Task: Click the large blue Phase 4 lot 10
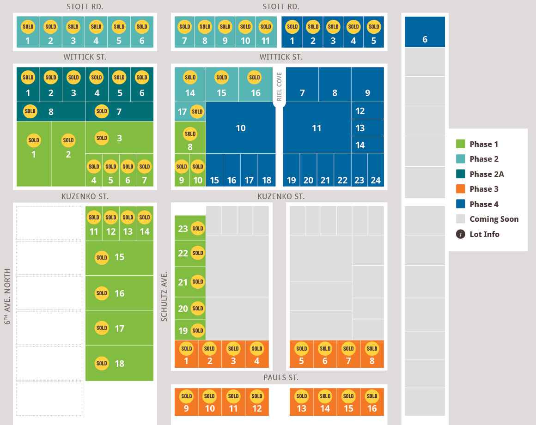point(241,128)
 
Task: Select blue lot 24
point(376,170)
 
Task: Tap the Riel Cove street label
point(279,86)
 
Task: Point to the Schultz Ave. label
point(164,297)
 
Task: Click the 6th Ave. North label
point(7,296)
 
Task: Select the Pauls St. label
point(280,377)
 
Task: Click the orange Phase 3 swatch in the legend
point(461,189)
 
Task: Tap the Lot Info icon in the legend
point(461,234)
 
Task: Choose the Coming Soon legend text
point(494,219)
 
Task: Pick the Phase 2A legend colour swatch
point(461,174)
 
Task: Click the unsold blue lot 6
point(425,32)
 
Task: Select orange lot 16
point(372,402)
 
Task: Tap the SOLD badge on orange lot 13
point(301,396)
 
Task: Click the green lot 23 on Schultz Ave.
point(190,228)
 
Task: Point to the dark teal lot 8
point(51,112)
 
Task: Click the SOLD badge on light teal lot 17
point(197,112)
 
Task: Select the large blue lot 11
point(317,128)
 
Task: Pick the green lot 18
point(119,363)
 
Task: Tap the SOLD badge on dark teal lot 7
point(102,111)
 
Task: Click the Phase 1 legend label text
point(484,144)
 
